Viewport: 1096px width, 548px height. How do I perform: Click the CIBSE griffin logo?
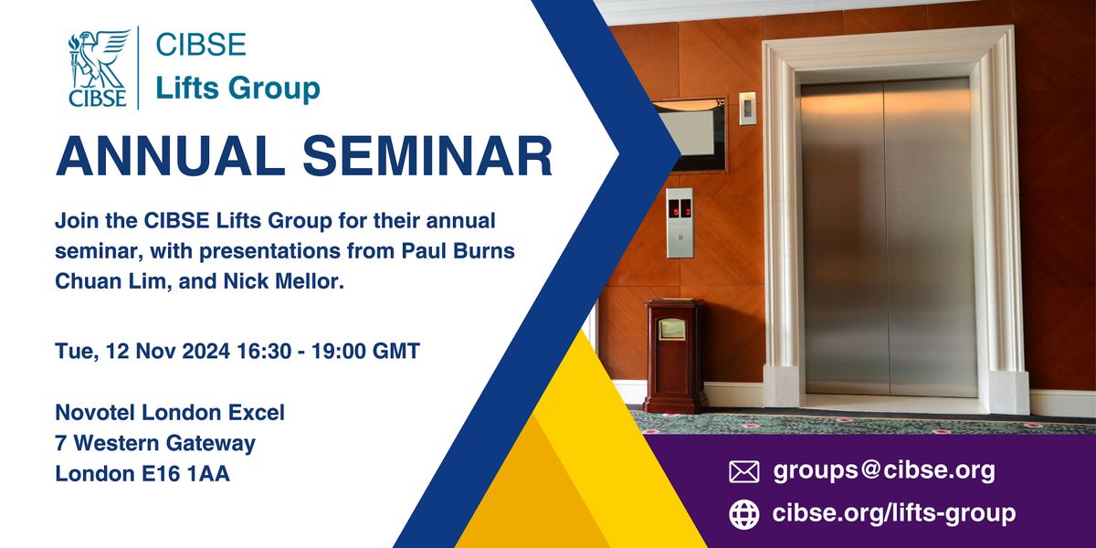99,68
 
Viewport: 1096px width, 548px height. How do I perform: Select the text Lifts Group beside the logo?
237,89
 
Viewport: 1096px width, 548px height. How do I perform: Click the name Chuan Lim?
100,280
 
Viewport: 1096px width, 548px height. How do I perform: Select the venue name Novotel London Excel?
170,413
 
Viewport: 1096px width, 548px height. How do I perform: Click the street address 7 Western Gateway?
155,444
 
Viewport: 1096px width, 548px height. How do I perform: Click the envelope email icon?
744,471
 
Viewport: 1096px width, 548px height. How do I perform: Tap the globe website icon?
744,514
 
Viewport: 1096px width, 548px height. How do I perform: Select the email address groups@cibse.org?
884,471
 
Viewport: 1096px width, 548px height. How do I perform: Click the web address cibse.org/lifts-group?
894,514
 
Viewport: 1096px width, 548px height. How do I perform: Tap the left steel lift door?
844,237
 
